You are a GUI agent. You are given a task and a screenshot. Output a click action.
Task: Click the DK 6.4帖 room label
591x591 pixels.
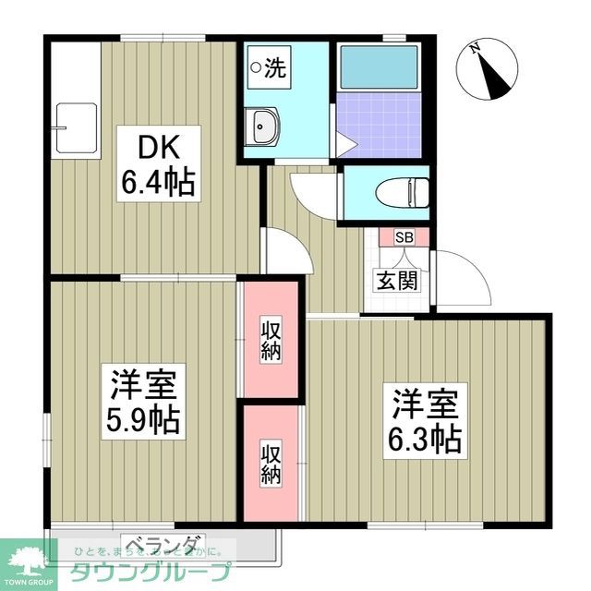[156, 166]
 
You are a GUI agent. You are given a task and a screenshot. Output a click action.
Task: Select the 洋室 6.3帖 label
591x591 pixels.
[426, 420]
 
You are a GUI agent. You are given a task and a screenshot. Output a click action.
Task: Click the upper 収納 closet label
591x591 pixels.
[270, 339]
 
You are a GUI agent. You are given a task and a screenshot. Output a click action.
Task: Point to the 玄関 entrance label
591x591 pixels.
[394, 279]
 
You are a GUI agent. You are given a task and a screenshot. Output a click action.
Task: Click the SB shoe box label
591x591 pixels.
[404, 236]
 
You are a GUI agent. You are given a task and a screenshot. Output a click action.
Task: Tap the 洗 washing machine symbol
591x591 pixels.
[270, 66]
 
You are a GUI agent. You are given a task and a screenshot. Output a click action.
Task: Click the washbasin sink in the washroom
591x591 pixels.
[263, 126]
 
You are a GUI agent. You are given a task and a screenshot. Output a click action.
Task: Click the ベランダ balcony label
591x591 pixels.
[163, 543]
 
